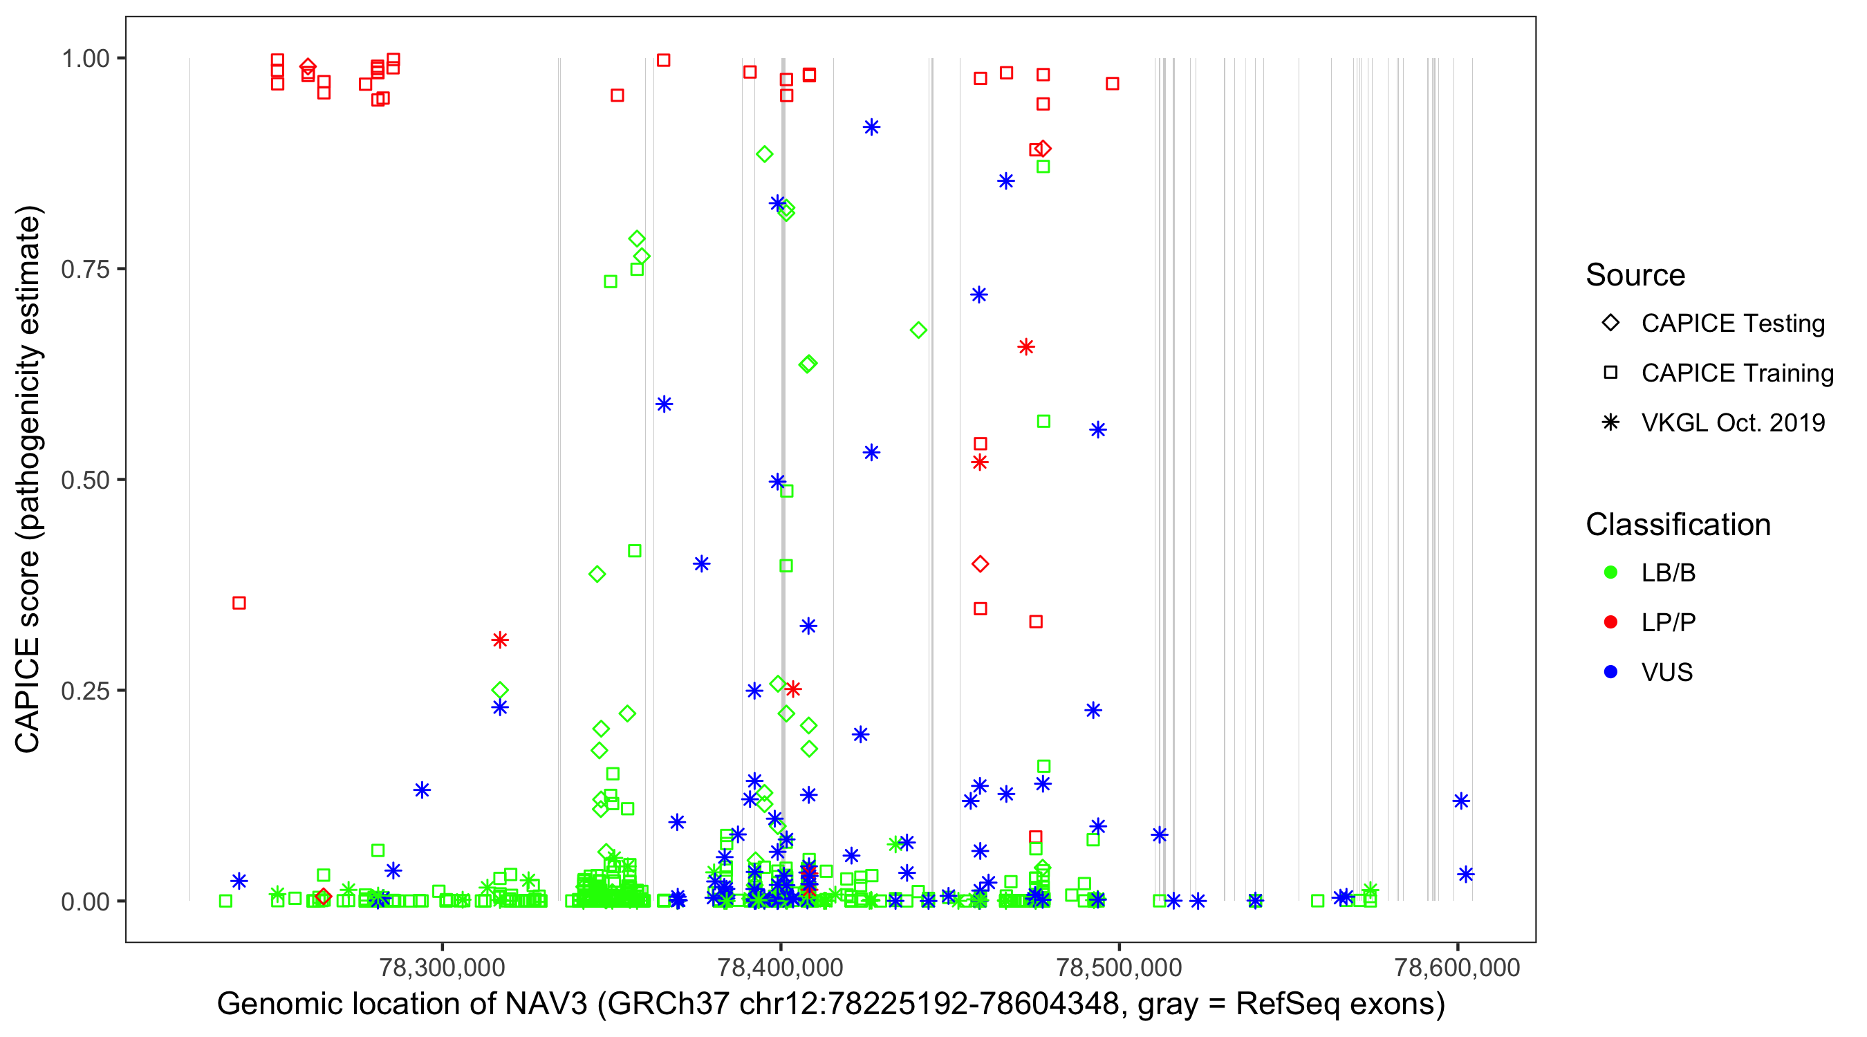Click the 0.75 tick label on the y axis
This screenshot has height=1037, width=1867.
[84, 270]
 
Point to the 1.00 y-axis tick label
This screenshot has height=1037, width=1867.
[84, 59]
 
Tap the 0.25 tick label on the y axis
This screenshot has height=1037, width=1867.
[84, 691]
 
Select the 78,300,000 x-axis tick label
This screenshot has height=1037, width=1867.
[442, 967]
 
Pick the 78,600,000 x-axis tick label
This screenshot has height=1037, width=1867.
[1457, 967]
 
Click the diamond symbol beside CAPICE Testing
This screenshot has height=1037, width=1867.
[1610, 324]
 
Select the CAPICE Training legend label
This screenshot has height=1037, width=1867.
[1737, 373]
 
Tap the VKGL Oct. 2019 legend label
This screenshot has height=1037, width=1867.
[1733, 423]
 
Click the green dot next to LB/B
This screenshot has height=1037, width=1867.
[1610, 573]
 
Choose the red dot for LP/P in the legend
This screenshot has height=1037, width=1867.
[1610, 622]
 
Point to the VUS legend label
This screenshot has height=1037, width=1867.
[1667, 673]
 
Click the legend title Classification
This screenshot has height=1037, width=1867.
[1678, 525]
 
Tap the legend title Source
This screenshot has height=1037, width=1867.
[1635, 275]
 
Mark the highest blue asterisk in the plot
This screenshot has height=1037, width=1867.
[871, 127]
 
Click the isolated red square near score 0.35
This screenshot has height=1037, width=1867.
[239, 603]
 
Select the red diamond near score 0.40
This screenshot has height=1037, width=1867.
[980, 564]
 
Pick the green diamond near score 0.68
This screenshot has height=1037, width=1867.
[918, 330]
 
